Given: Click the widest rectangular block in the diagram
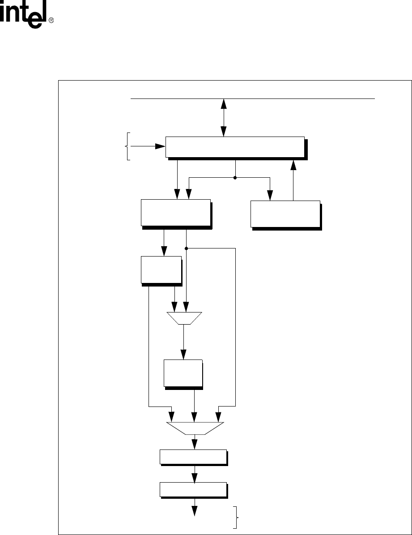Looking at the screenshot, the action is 235,147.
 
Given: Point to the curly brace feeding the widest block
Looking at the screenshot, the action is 128,146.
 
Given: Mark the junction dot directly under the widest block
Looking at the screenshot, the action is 235,178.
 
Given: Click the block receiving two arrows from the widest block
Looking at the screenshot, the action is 175,213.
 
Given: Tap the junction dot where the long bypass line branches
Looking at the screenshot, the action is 186,248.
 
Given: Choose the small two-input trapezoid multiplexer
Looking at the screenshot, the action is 184,318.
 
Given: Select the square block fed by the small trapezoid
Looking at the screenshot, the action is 183,372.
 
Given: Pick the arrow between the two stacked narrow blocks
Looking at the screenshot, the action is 195,474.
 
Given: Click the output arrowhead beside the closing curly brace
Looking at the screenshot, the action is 195,511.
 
